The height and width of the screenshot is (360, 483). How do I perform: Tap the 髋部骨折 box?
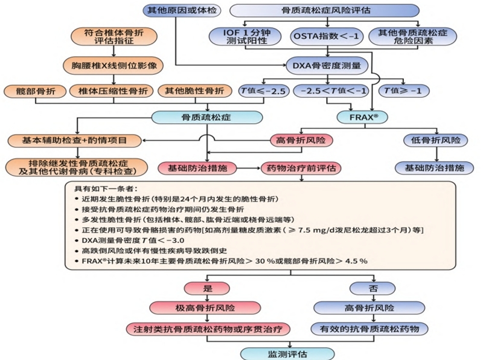31,91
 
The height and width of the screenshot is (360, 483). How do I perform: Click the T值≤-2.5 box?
261,91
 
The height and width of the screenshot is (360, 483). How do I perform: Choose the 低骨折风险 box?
434,140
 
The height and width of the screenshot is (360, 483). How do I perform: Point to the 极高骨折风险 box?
210,307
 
